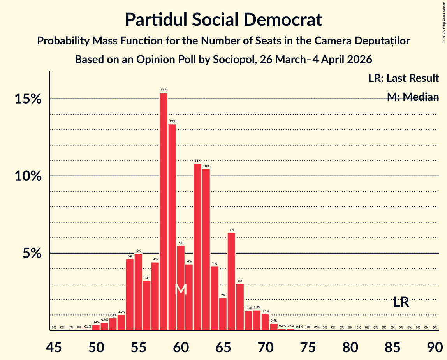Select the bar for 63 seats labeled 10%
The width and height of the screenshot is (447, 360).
pos(206,250)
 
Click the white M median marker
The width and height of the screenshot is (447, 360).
pos(181,289)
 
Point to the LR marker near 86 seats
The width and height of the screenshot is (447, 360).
pos(401,302)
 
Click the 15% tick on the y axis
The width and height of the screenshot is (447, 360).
pos(28,99)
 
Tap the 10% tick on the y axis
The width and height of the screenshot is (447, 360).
pos(28,176)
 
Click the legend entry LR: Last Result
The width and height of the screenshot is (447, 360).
pos(403,78)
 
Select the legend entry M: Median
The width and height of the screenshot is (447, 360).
pos(413,97)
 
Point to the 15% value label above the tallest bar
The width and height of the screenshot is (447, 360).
pos(164,90)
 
